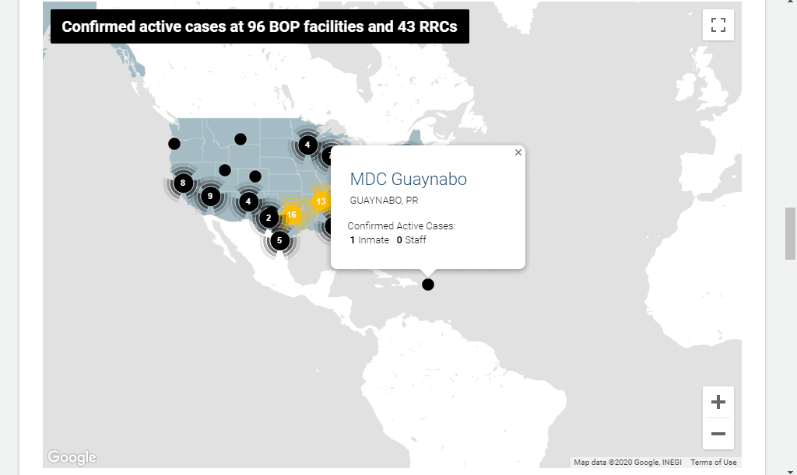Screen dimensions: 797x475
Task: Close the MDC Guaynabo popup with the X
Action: [518, 152]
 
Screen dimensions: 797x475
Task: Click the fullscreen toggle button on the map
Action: [718, 25]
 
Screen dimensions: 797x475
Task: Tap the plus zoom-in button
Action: [718, 402]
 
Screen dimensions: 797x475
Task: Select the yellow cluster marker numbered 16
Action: [292, 215]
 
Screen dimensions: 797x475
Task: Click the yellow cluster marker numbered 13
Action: [321, 201]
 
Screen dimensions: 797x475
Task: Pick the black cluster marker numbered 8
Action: [183, 183]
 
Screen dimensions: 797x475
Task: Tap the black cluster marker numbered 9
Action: [210, 197]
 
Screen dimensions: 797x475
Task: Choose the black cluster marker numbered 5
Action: [279, 240]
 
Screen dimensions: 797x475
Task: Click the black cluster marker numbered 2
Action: [269, 218]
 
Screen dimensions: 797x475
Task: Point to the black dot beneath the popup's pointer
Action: [428, 285]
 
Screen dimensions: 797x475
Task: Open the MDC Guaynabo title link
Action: [408, 179]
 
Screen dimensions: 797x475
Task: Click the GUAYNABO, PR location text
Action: [384, 201]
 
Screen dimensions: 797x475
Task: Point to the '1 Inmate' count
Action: [370, 240]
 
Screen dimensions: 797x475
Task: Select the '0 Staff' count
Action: [411, 240]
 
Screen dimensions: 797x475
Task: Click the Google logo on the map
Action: [72, 457]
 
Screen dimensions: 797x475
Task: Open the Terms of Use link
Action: [713, 463]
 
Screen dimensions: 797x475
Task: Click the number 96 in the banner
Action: [258, 26]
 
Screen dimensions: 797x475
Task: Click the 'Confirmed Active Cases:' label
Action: [402, 225]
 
